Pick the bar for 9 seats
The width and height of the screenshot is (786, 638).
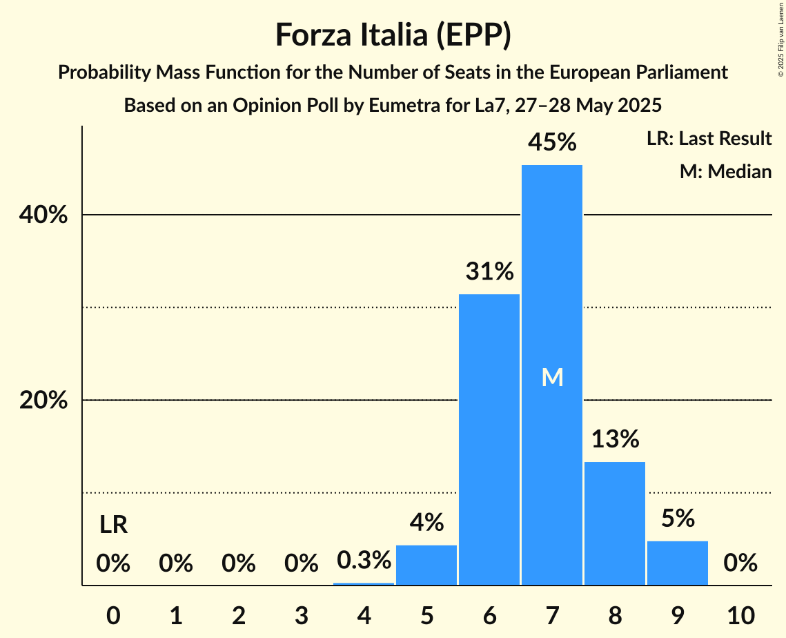677,563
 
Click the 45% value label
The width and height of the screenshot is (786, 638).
551,143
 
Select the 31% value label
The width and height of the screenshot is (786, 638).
489,272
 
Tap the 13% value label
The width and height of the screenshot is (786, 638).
614,439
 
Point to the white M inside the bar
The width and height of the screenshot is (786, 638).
552,377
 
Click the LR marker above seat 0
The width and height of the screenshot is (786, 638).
113,525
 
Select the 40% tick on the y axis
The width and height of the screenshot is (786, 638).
43,215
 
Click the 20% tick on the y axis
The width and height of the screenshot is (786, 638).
43,401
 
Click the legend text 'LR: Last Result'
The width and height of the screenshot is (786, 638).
709,139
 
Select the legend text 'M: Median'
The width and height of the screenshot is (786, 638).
725,171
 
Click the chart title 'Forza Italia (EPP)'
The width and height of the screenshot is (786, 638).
393,35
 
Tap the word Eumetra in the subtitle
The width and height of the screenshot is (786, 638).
397,106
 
